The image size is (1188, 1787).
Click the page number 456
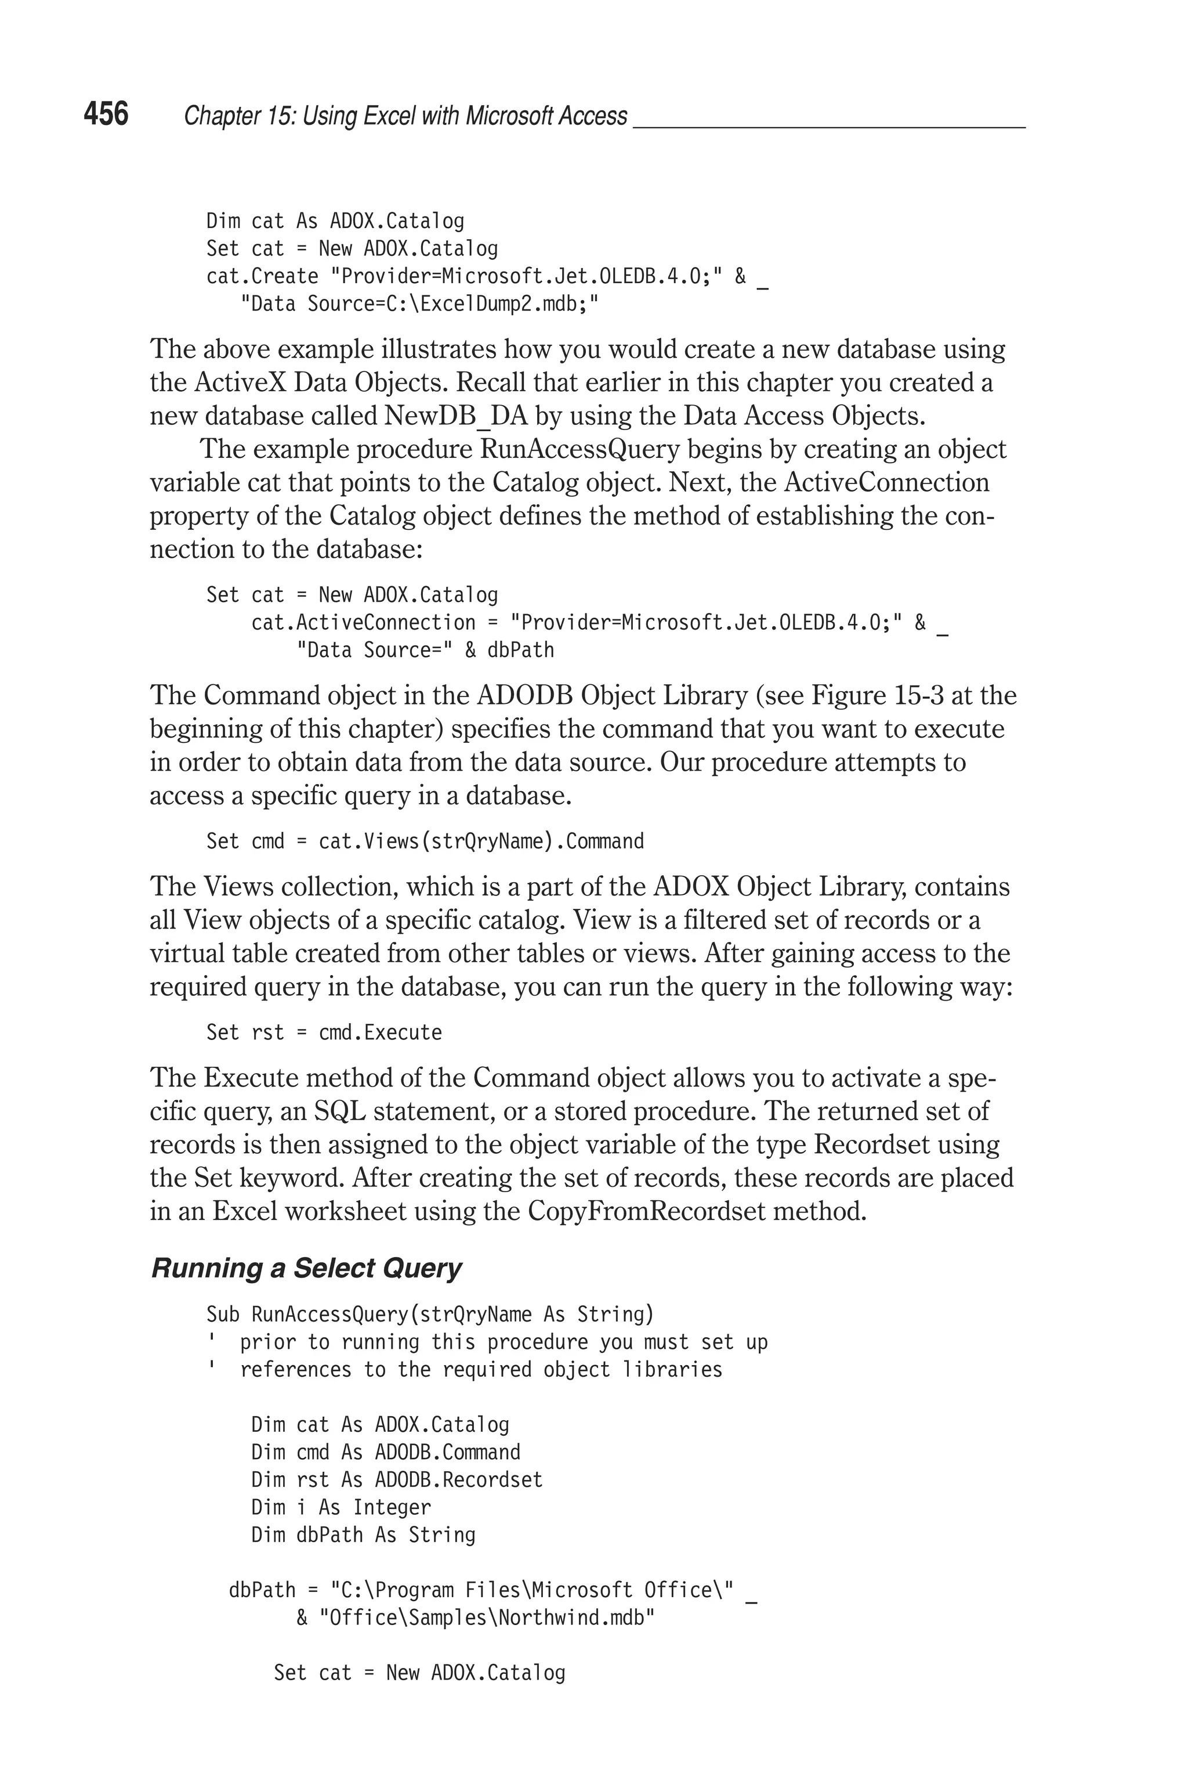106,114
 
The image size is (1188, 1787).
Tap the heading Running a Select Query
306,1268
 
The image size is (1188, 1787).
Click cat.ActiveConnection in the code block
363,622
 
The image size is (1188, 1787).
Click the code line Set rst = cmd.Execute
324,1032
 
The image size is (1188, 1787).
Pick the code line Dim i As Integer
340,1507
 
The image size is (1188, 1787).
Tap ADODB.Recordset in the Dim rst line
458,1479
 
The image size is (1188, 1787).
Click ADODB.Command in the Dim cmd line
447,1452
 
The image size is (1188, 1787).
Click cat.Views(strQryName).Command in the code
481,841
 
